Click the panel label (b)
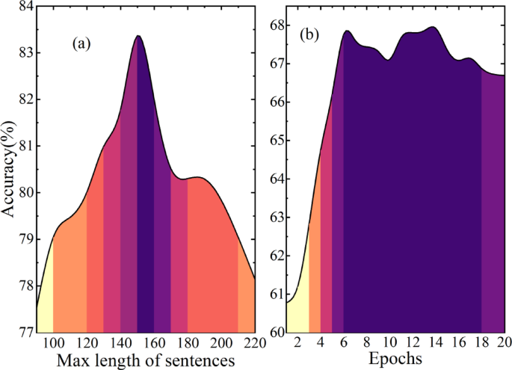coord(310,34)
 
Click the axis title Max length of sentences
coord(146,360)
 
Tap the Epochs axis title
coord(395,359)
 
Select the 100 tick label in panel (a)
coord(53,343)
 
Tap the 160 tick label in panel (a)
coord(154,343)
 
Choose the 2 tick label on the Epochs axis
coord(298,343)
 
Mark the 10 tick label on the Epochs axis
coord(389,343)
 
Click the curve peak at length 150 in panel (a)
coord(138,36)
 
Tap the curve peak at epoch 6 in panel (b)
coord(347,31)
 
